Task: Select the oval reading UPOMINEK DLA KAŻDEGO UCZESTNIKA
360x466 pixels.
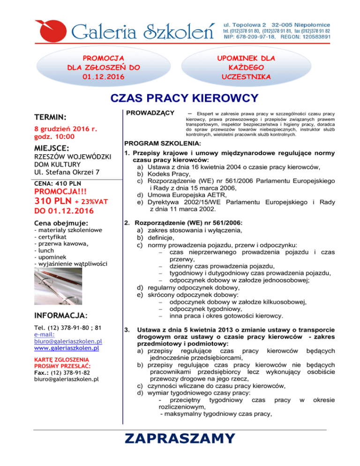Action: [x=246, y=67]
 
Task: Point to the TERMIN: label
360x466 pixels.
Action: [x=52, y=116]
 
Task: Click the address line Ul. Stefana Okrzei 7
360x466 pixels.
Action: [x=68, y=172]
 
